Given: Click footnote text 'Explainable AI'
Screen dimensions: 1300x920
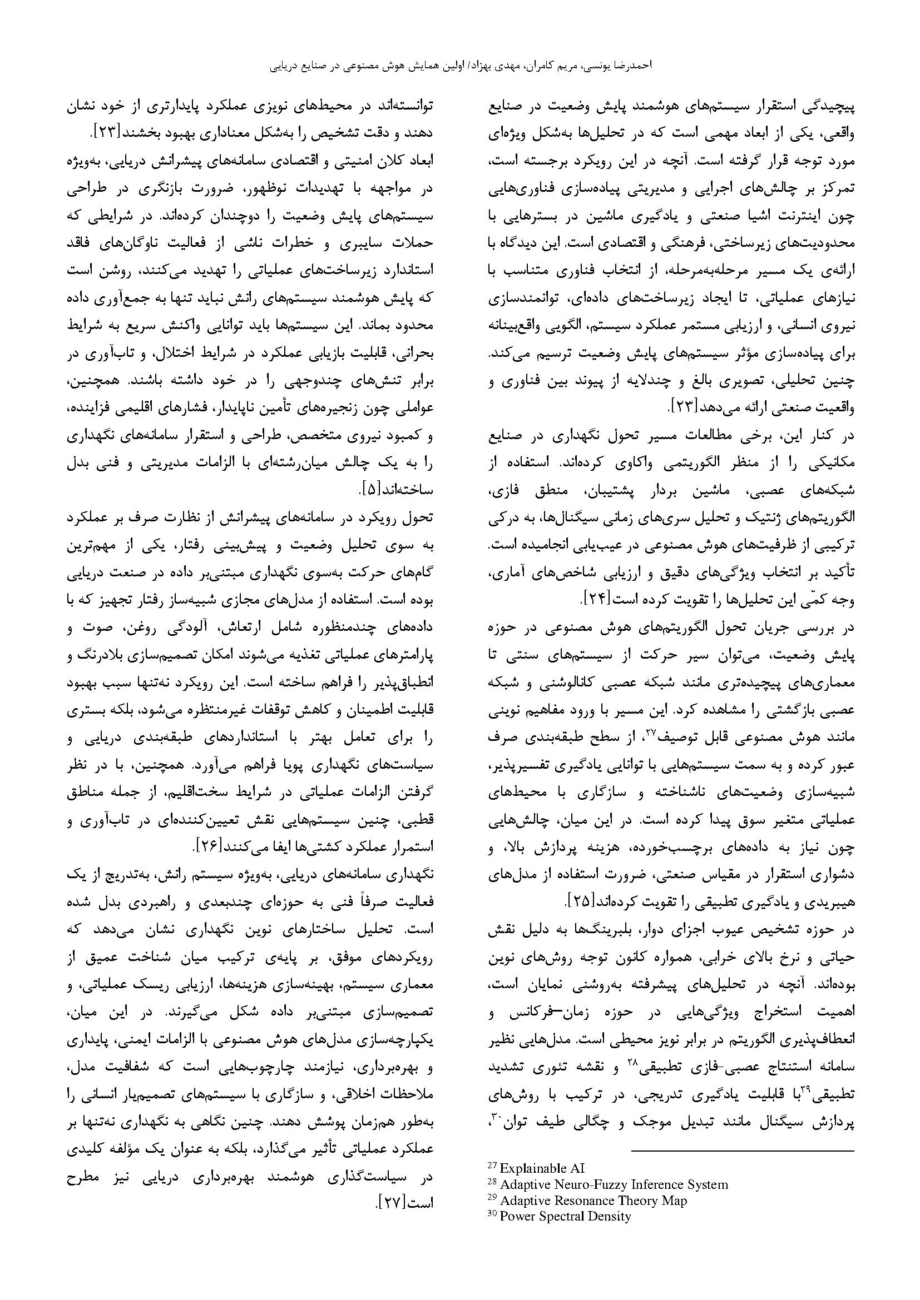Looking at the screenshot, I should [542, 1152].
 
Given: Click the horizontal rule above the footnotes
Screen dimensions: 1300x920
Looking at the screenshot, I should [742, 1135].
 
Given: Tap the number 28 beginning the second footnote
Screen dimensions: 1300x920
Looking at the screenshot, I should [492, 1167].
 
